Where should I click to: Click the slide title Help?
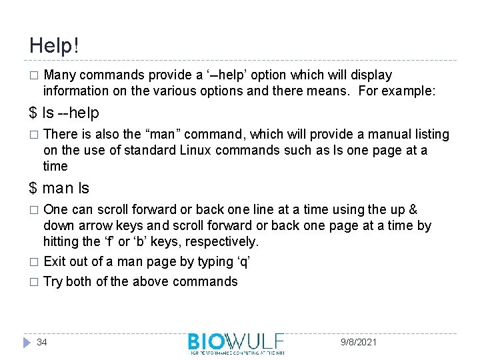(x=54, y=45)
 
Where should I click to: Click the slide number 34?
(x=42, y=342)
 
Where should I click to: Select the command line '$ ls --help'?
(x=64, y=113)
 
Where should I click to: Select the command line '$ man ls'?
(x=59, y=189)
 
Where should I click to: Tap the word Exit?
(x=54, y=261)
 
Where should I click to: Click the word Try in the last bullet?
(x=53, y=281)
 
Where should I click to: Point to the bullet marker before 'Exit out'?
(x=34, y=261)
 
